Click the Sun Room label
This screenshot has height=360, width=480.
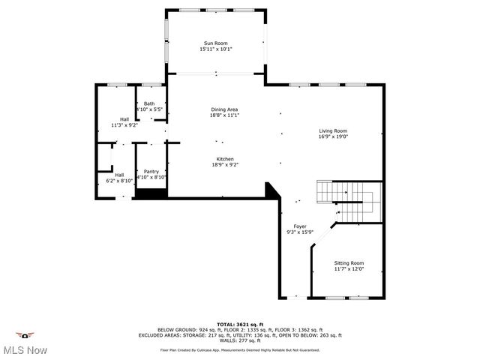pos(216,43)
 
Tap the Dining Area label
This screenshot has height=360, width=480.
pos(224,109)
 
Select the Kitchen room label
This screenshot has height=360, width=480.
pos(226,159)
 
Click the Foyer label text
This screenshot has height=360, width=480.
pos(300,226)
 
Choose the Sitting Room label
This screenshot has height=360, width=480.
pos(349,262)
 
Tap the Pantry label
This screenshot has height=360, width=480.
pos(151,171)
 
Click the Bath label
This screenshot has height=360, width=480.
pos(150,103)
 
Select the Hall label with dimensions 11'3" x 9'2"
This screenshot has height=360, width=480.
pos(124,119)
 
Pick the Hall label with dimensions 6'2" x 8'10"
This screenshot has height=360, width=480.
pos(119,175)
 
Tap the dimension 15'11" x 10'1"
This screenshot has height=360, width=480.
pos(216,49)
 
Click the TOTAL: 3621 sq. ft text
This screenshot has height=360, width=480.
pos(239,323)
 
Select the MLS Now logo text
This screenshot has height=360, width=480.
pos(26,350)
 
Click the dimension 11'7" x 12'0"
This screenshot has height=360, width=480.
pos(349,268)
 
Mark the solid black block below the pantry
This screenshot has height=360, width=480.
pos(151,193)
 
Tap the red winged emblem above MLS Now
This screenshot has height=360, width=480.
pos(26,335)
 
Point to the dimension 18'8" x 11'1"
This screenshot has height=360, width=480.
pos(224,115)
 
